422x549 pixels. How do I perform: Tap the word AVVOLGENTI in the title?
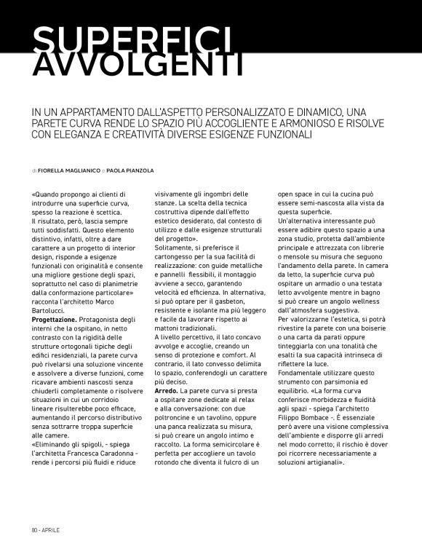click(138, 66)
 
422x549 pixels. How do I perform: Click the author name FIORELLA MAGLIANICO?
click(71, 171)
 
